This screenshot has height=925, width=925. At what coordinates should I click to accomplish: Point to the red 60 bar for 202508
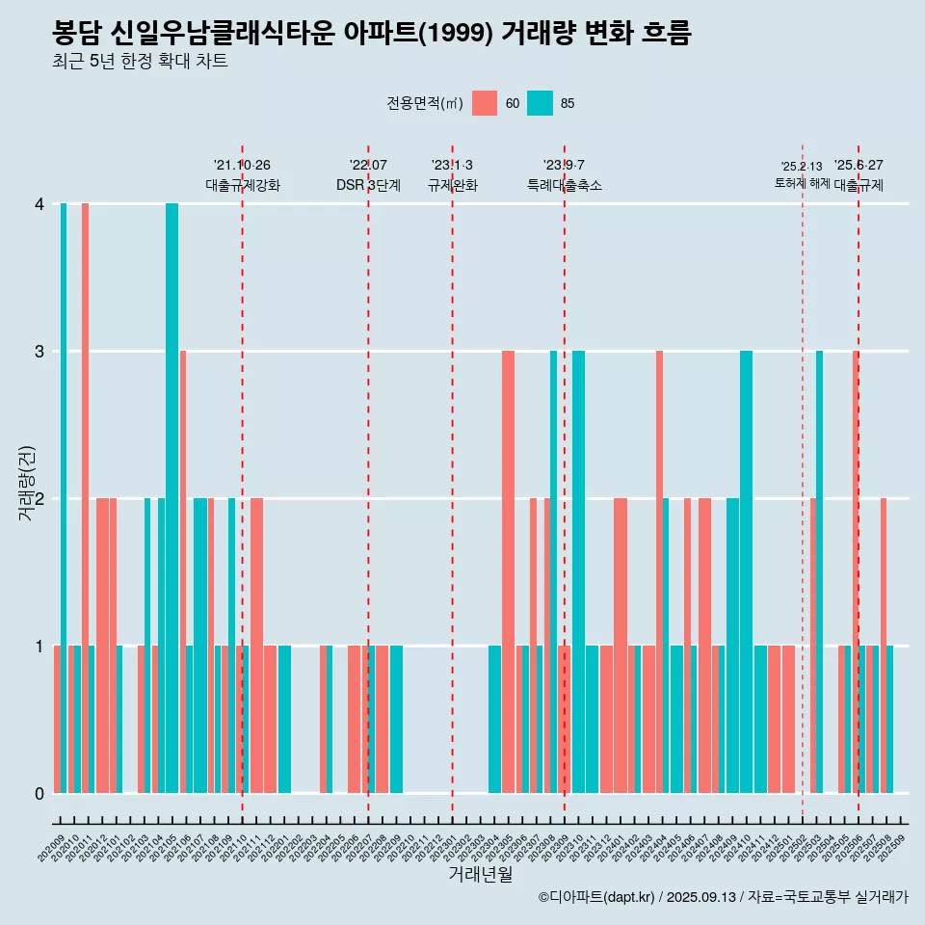tap(883, 646)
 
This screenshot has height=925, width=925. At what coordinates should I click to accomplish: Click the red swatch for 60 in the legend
tap(485, 103)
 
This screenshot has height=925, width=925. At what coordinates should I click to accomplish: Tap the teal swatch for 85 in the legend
tap(540, 103)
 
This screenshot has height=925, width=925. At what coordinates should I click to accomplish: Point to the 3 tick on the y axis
tap(40, 352)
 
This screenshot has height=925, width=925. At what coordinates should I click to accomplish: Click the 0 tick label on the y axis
tap(40, 794)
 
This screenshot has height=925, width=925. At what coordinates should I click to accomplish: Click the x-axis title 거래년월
tap(480, 875)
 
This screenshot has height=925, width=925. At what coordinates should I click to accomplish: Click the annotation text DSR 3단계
tap(368, 185)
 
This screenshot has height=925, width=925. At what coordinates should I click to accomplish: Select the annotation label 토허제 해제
tap(802, 183)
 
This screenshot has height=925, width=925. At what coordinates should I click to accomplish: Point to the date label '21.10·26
tap(242, 165)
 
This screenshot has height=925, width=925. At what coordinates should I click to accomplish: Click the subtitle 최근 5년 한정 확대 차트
tap(141, 62)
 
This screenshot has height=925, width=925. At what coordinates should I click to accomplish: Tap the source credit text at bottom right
tap(723, 898)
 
